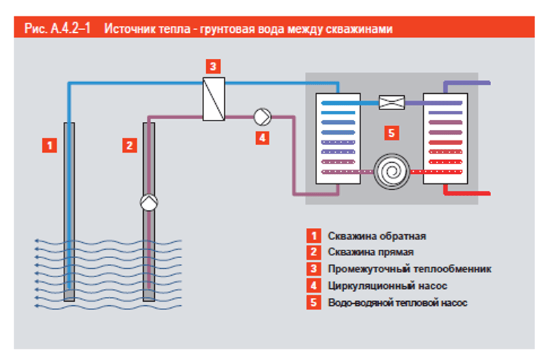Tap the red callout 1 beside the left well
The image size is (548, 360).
[x=49, y=144]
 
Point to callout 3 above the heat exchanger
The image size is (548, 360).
[x=213, y=66]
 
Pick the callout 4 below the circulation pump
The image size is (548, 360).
[x=261, y=138]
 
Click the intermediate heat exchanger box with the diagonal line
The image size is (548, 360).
[x=214, y=99]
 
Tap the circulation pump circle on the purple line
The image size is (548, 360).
[x=262, y=116]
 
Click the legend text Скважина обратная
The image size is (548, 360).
[x=377, y=236]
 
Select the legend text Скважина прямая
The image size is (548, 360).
[x=370, y=253]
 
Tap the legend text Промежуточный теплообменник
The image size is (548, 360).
[x=410, y=269]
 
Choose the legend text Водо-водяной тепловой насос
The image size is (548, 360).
[x=398, y=302]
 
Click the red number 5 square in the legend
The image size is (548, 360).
[x=313, y=302]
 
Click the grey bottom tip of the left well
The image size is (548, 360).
[x=69, y=295]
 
